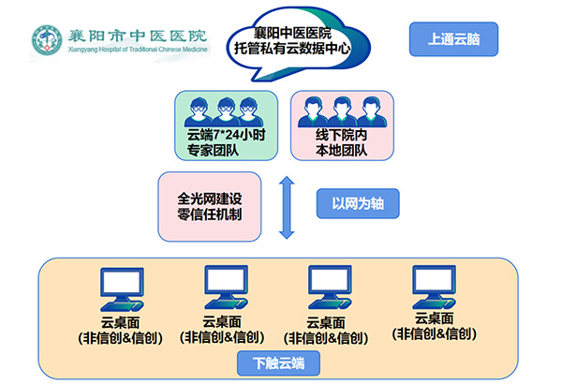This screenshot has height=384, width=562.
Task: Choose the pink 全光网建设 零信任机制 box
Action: pyautogui.click(x=209, y=207)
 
